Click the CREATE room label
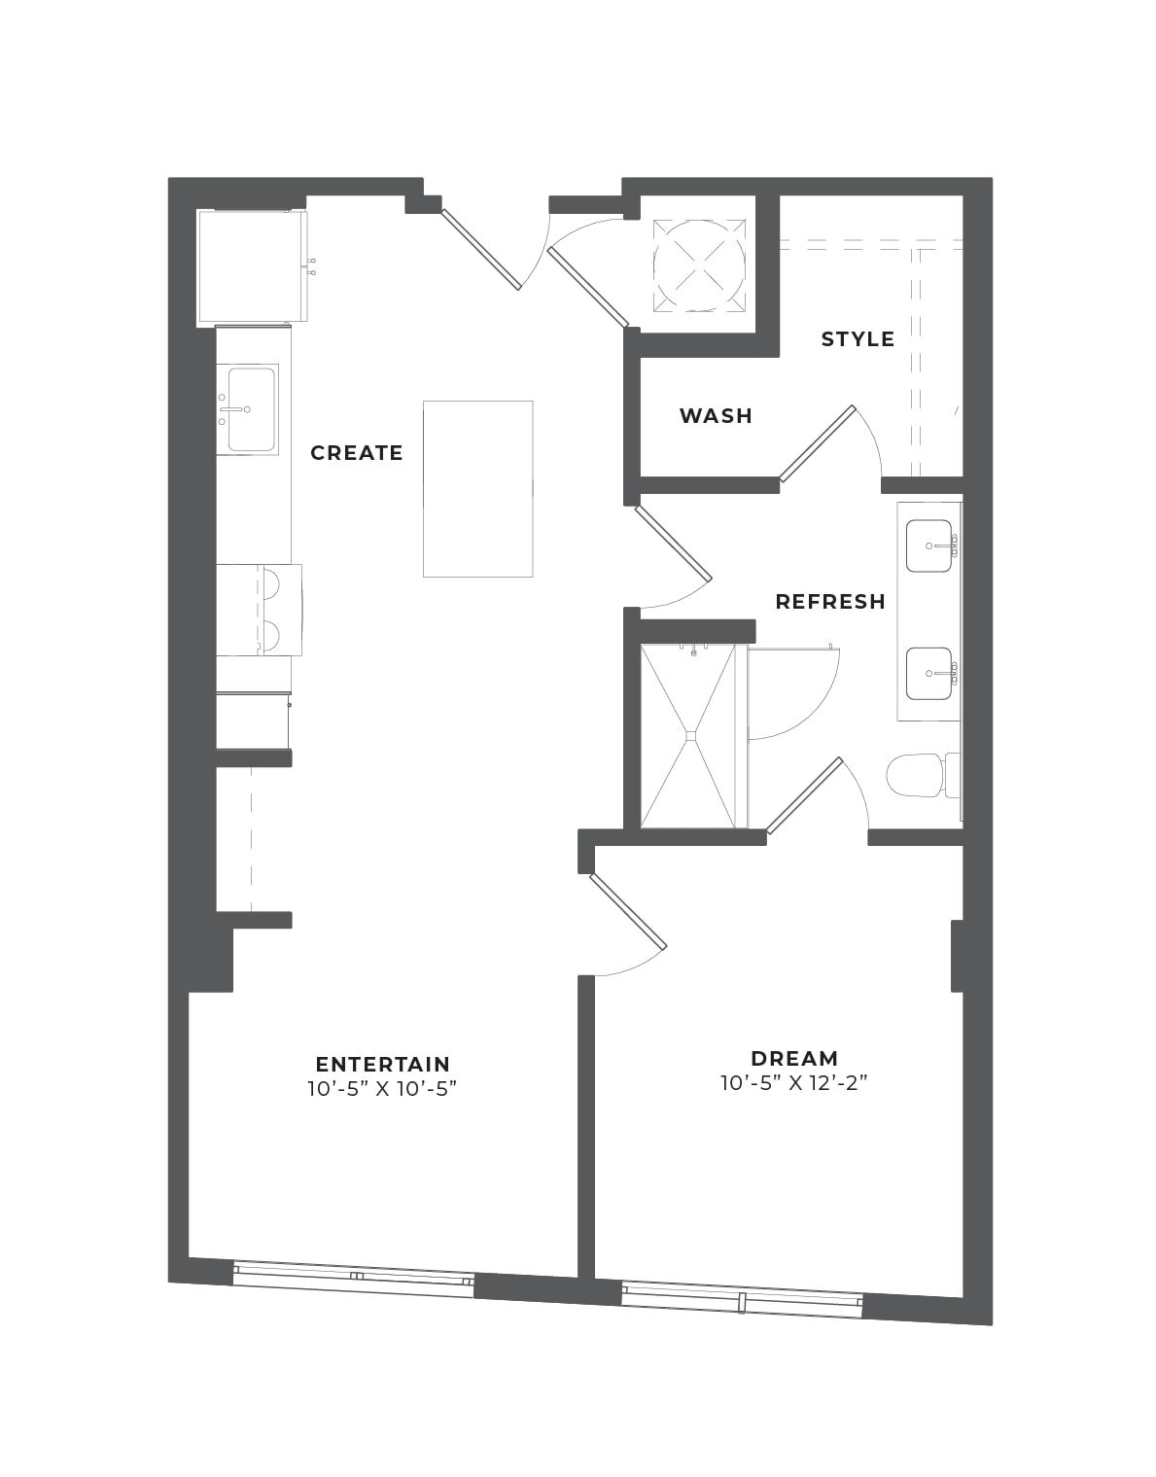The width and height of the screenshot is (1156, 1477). [356, 453]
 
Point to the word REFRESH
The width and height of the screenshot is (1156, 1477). [830, 602]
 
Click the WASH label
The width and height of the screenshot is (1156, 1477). [716, 416]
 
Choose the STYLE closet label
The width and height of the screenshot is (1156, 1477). [858, 339]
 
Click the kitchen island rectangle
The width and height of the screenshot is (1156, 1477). [477, 489]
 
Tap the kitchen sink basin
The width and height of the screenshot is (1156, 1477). [252, 409]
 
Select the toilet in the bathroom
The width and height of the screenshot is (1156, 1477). [923, 775]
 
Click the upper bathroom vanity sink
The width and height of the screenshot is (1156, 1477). [929, 545]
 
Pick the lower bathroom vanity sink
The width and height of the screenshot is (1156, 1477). [929, 673]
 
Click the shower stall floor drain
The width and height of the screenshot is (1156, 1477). [692, 735]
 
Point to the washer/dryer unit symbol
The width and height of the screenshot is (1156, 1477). [699, 265]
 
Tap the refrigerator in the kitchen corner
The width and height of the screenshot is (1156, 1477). [252, 266]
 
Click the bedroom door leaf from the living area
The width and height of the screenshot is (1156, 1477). [629, 910]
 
